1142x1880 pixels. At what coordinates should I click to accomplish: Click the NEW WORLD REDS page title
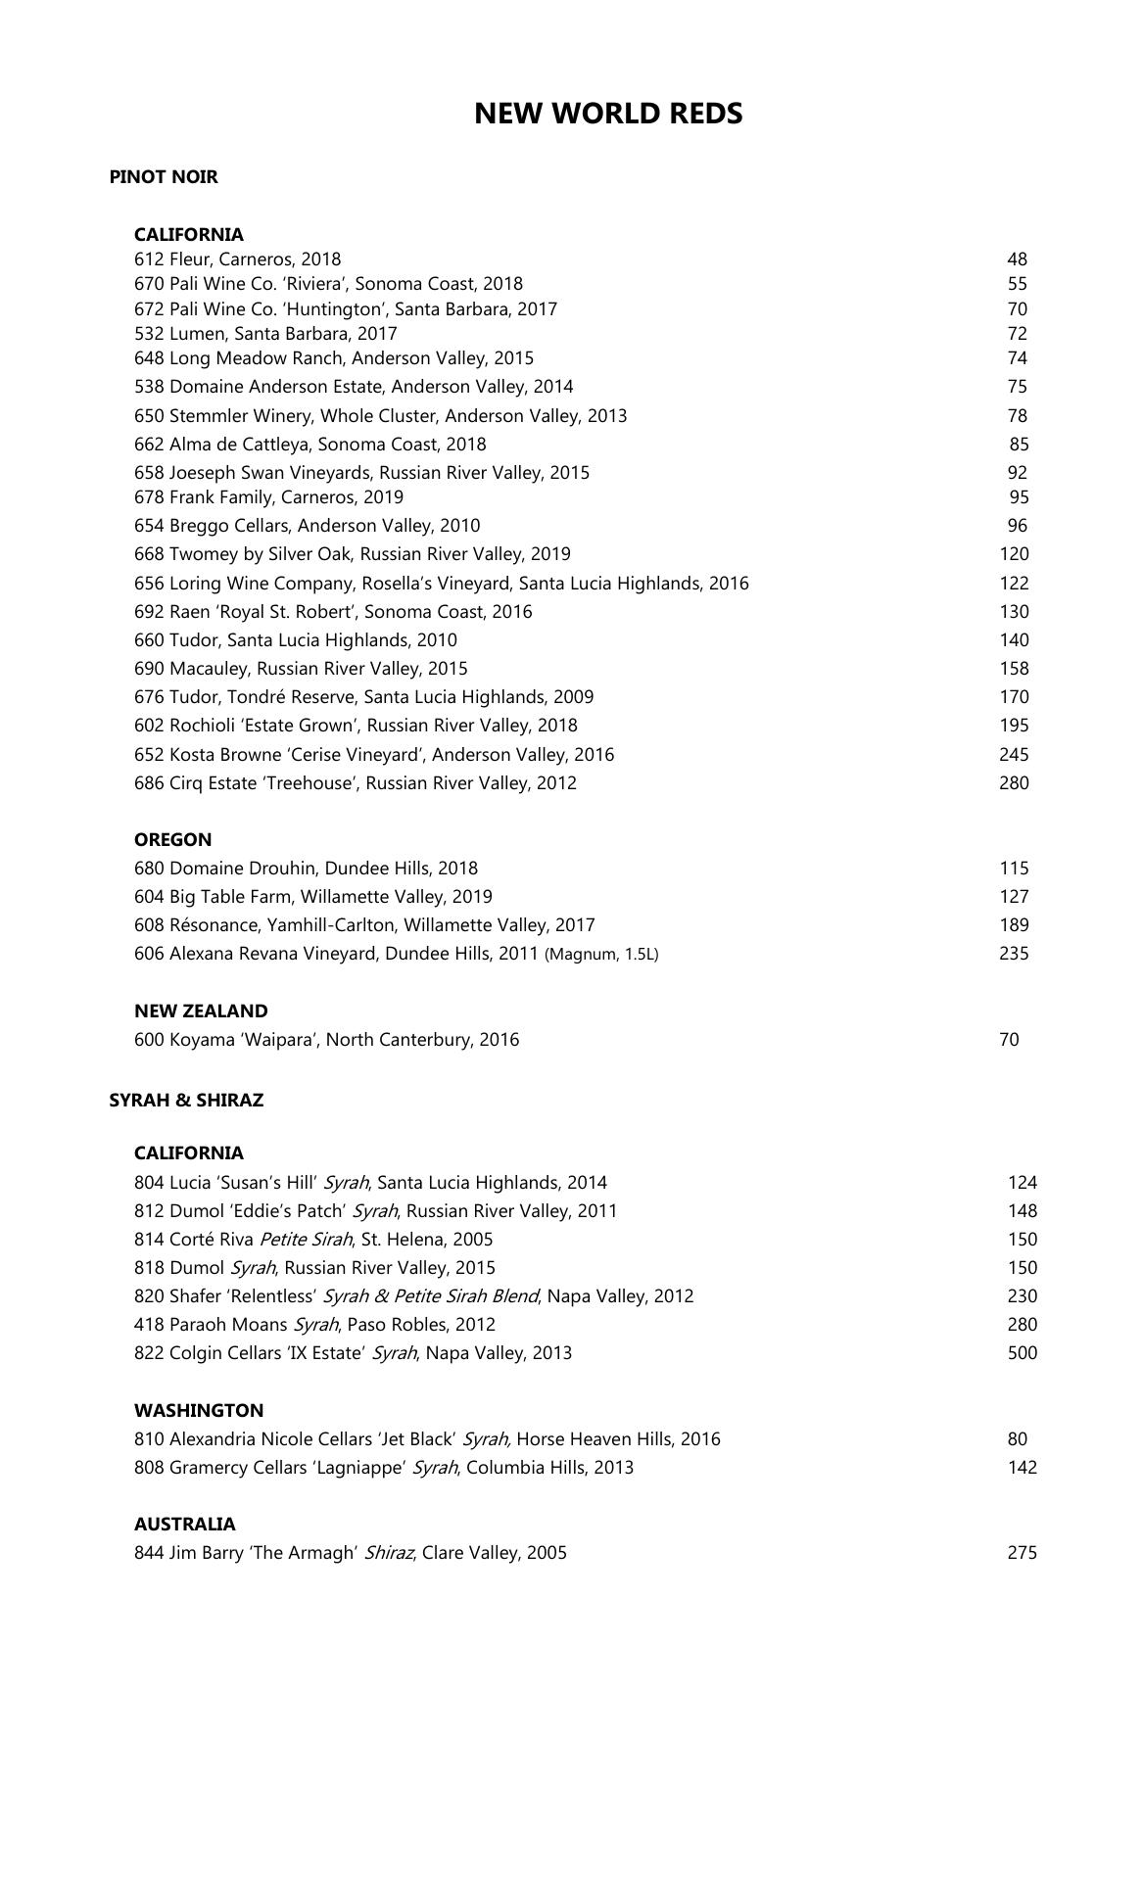point(608,114)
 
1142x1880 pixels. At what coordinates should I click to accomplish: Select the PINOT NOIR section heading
point(164,177)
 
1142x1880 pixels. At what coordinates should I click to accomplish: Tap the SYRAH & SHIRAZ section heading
point(186,1100)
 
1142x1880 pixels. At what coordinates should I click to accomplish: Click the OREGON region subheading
point(172,839)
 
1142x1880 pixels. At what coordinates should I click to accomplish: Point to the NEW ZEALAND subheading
point(201,1010)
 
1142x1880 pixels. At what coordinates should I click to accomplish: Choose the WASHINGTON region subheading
point(199,1410)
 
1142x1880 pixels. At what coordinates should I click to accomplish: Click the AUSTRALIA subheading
point(185,1524)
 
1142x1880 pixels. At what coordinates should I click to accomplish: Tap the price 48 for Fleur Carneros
point(1017,259)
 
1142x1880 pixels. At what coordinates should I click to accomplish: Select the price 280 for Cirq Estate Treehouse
point(1014,782)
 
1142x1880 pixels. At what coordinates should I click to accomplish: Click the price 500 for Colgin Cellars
point(1022,1352)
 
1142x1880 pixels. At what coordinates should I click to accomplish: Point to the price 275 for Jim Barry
point(1022,1552)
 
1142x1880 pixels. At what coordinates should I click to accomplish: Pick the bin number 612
point(149,259)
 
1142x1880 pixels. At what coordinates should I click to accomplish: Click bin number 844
point(149,1552)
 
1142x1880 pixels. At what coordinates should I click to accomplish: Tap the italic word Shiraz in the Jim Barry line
point(389,1552)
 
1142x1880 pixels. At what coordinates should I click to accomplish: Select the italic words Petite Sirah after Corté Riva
point(306,1239)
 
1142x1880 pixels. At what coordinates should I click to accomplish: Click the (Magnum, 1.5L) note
point(601,954)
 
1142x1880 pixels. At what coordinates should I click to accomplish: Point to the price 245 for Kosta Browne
point(1014,754)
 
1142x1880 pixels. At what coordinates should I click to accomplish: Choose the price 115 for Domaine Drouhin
point(1014,868)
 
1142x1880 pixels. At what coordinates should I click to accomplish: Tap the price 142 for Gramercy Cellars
point(1022,1467)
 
